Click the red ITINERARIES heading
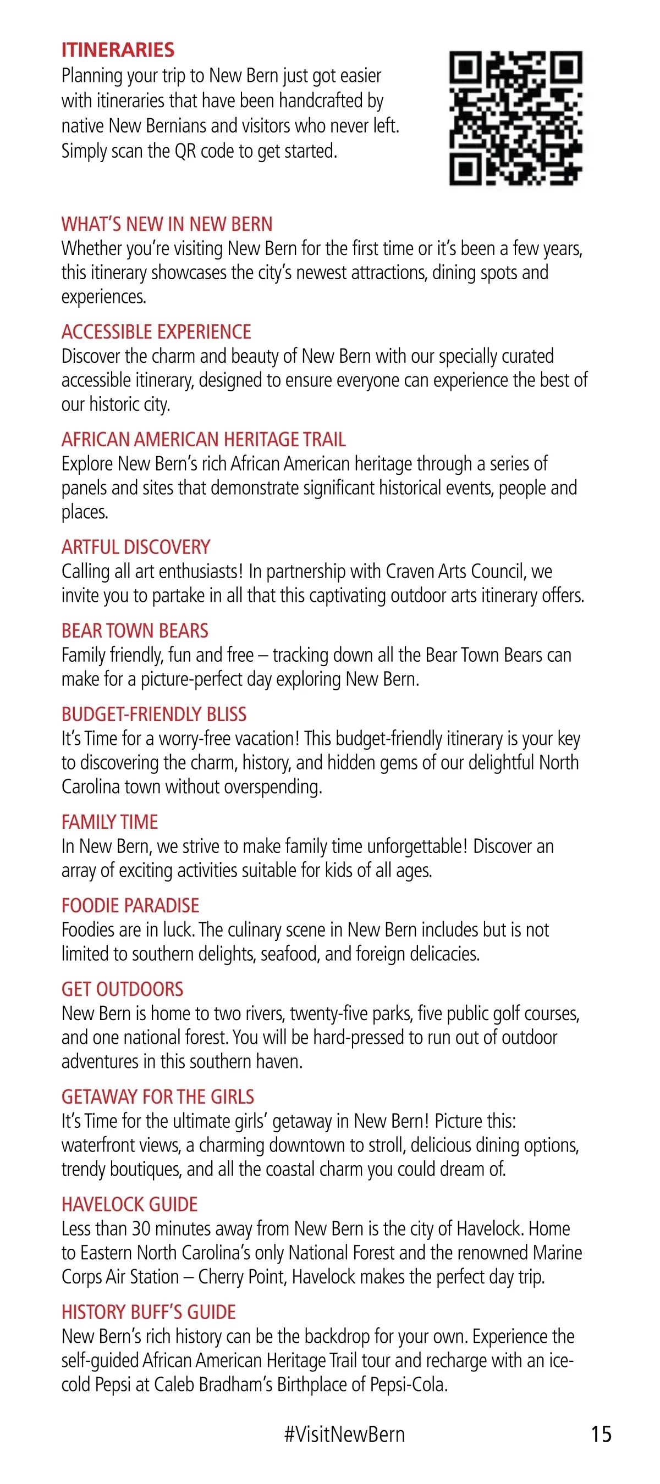click(x=118, y=50)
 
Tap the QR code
click(x=515, y=118)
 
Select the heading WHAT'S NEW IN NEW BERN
click(x=167, y=224)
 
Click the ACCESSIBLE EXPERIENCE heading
click(x=156, y=332)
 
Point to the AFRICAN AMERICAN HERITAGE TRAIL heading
click(x=204, y=440)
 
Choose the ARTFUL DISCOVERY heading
click(x=136, y=547)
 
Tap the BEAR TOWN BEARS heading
click(x=135, y=631)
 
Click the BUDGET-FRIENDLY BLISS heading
click(x=154, y=715)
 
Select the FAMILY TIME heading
click(x=109, y=822)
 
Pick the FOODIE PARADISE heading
click(x=130, y=906)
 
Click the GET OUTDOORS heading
click(x=122, y=989)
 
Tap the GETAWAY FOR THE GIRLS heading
click(x=158, y=1097)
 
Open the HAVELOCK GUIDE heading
click(x=130, y=1205)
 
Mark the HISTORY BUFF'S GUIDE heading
click(x=148, y=1313)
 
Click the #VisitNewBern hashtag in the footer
click(x=344, y=1434)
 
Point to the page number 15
click(x=601, y=1434)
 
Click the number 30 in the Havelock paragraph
click(x=141, y=1229)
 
